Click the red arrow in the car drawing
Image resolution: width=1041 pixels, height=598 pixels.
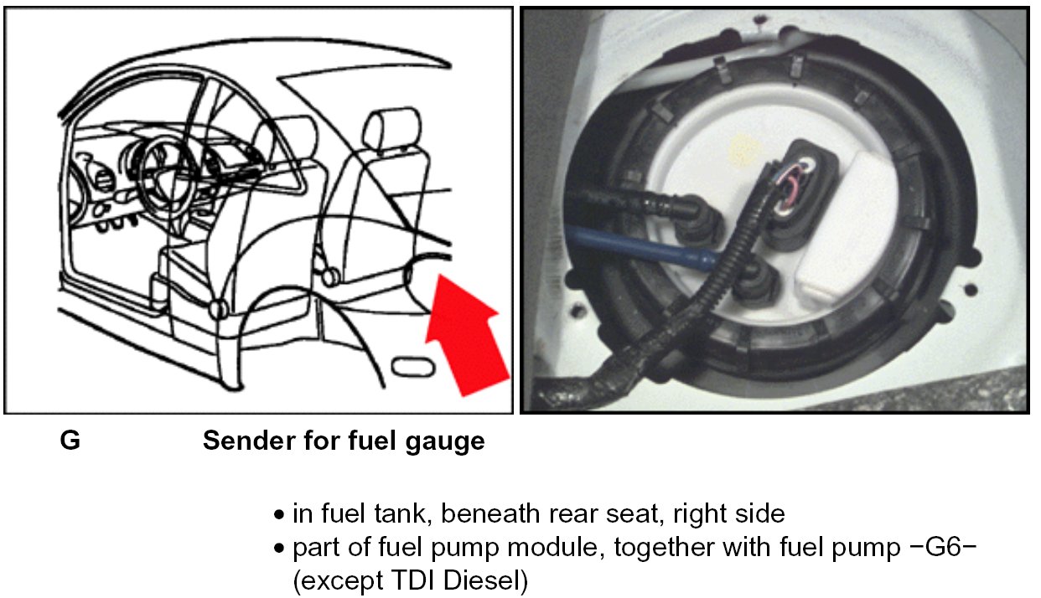[465, 335]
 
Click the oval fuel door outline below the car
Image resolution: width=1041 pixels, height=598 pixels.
[412, 367]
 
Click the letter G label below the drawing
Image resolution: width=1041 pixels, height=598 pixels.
[70, 441]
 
